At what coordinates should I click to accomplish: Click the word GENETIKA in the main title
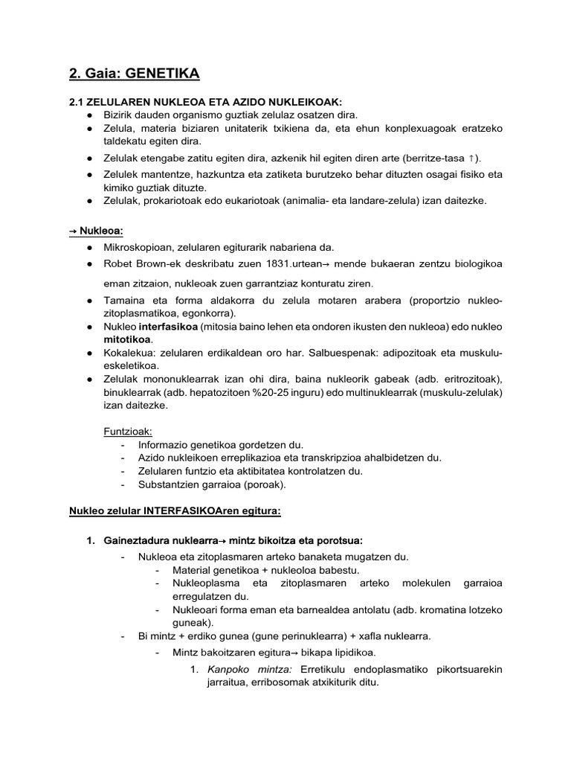(x=163, y=74)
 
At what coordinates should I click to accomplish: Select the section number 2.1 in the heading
(x=77, y=102)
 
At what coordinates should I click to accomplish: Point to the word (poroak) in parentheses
(x=264, y=484)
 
